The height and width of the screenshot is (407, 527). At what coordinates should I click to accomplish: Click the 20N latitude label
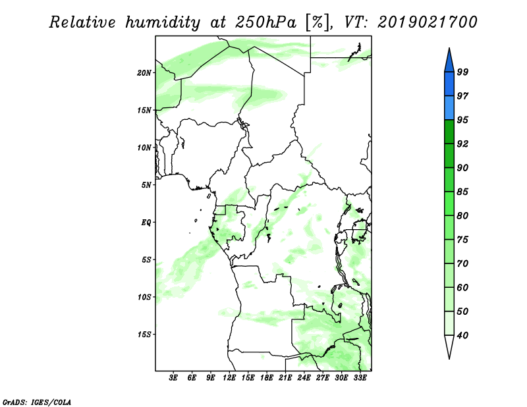point(144,73)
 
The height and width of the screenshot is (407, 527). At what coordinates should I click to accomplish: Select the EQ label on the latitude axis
point(146,223)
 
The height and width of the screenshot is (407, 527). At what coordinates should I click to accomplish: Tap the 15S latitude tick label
point(144,335)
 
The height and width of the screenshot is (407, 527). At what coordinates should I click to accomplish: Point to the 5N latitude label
point(146,185)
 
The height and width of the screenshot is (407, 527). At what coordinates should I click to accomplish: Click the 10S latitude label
point(144,297)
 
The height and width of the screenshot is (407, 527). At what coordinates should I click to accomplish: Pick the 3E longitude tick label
point(173,378)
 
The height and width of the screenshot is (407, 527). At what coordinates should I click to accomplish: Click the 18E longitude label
point(267,378)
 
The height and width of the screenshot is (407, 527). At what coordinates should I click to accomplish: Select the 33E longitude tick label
point(360,378)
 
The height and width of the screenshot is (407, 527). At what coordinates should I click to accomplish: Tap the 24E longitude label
point(304,378)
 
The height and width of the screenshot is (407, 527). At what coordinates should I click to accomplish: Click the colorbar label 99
point(462,72)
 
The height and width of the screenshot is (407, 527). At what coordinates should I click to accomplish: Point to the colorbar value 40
point(462,335)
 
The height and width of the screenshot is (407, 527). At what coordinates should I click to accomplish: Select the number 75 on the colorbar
point(462,240)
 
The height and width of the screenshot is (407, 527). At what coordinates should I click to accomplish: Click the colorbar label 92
point(462,144)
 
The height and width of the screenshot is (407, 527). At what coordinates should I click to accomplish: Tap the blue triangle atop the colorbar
point(449,62)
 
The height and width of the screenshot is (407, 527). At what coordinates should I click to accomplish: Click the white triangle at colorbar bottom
point(449,346)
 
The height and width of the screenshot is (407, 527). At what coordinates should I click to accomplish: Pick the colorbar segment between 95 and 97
point(449,108)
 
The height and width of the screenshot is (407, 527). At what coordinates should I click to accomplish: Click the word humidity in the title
point(163,22)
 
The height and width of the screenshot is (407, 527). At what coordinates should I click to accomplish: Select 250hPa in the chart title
point(266,22)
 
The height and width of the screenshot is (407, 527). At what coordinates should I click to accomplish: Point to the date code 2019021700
point(428,22)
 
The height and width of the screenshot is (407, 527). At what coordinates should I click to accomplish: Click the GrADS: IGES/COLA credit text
point(37,402)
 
